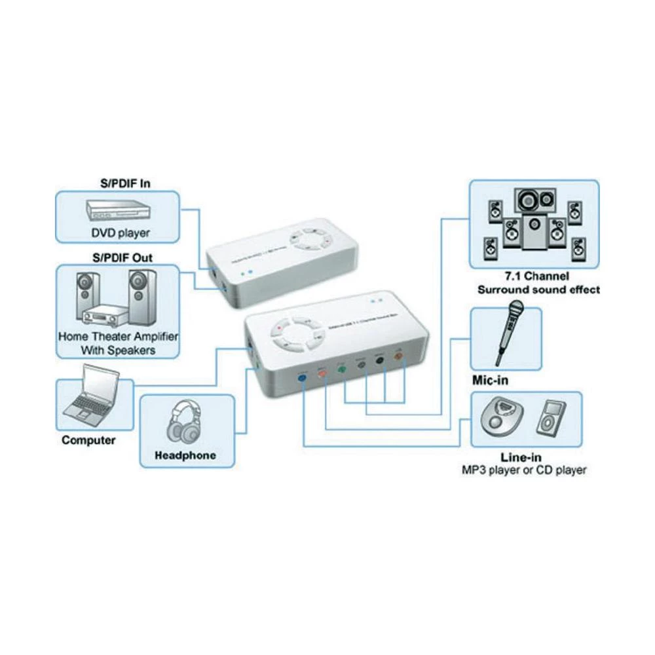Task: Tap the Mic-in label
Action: (x=490, y=380)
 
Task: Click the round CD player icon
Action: (x=503, y=417)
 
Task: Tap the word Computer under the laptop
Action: (x=88, y=440)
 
